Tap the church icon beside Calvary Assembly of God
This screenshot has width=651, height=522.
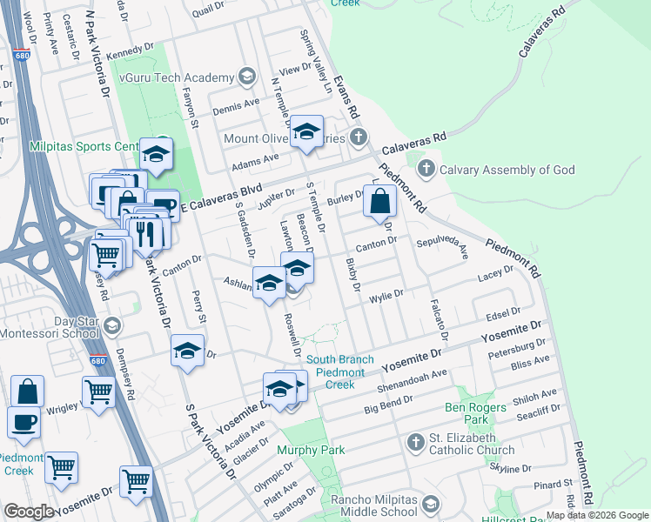tap(426, 169)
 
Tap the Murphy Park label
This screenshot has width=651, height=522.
tap(311, 450)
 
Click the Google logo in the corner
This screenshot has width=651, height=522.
tap(28, 512)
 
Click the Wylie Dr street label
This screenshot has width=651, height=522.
tap(386, 295)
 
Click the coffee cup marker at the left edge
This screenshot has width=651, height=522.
tap(23, 423)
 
